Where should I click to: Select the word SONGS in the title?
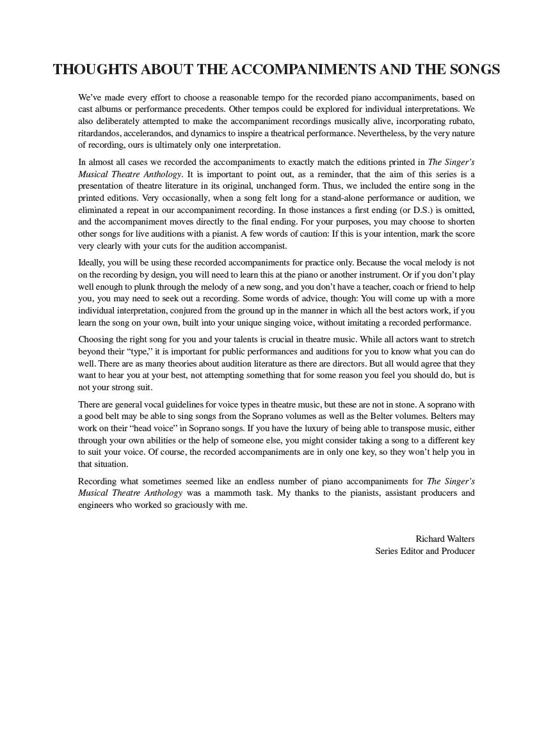point(470,70)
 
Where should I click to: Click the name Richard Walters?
point(445,539)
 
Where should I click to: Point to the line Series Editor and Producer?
point(425,551)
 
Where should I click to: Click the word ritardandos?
point(99,133)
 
